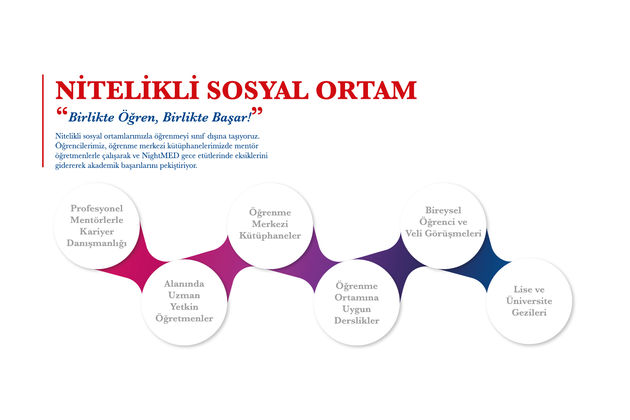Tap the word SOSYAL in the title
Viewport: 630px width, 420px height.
click(x=257, y=90)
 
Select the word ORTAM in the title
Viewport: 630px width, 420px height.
click(x=366, y=90)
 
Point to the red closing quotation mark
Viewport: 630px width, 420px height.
click(x=257, y=111)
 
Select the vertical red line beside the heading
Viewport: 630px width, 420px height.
click(x=43, y=121)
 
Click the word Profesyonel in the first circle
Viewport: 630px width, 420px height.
click(x=97, y=209)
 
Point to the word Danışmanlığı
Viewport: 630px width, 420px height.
click(x=97, y=244)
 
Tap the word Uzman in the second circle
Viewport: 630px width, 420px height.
click(x=184, y=295)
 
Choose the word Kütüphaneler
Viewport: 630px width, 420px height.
click(x=270, y=236)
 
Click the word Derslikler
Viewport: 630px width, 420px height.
click(x=357, y=320)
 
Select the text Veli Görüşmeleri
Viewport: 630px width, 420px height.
click(x=443, y=234)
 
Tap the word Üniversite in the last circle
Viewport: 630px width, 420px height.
click(x=529, y=301)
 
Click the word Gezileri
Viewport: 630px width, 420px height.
click(x=529, y=313)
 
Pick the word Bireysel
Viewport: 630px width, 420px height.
click(x=443, y=211)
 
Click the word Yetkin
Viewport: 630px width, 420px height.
click(x=184, y=307)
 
